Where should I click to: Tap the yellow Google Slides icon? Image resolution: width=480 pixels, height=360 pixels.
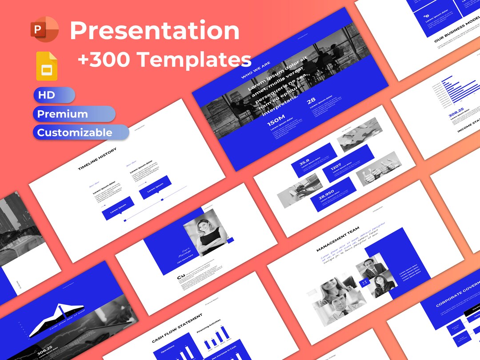point(47,66)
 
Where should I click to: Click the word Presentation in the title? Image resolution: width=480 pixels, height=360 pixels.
point(155,30)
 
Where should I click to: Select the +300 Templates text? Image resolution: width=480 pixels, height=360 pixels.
point(164,59)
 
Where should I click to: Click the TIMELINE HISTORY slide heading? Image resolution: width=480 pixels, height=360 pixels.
point(97,159)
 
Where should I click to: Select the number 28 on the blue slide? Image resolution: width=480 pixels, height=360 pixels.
point(311,101)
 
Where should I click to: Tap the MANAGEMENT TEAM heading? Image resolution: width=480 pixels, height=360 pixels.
point(338,239)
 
